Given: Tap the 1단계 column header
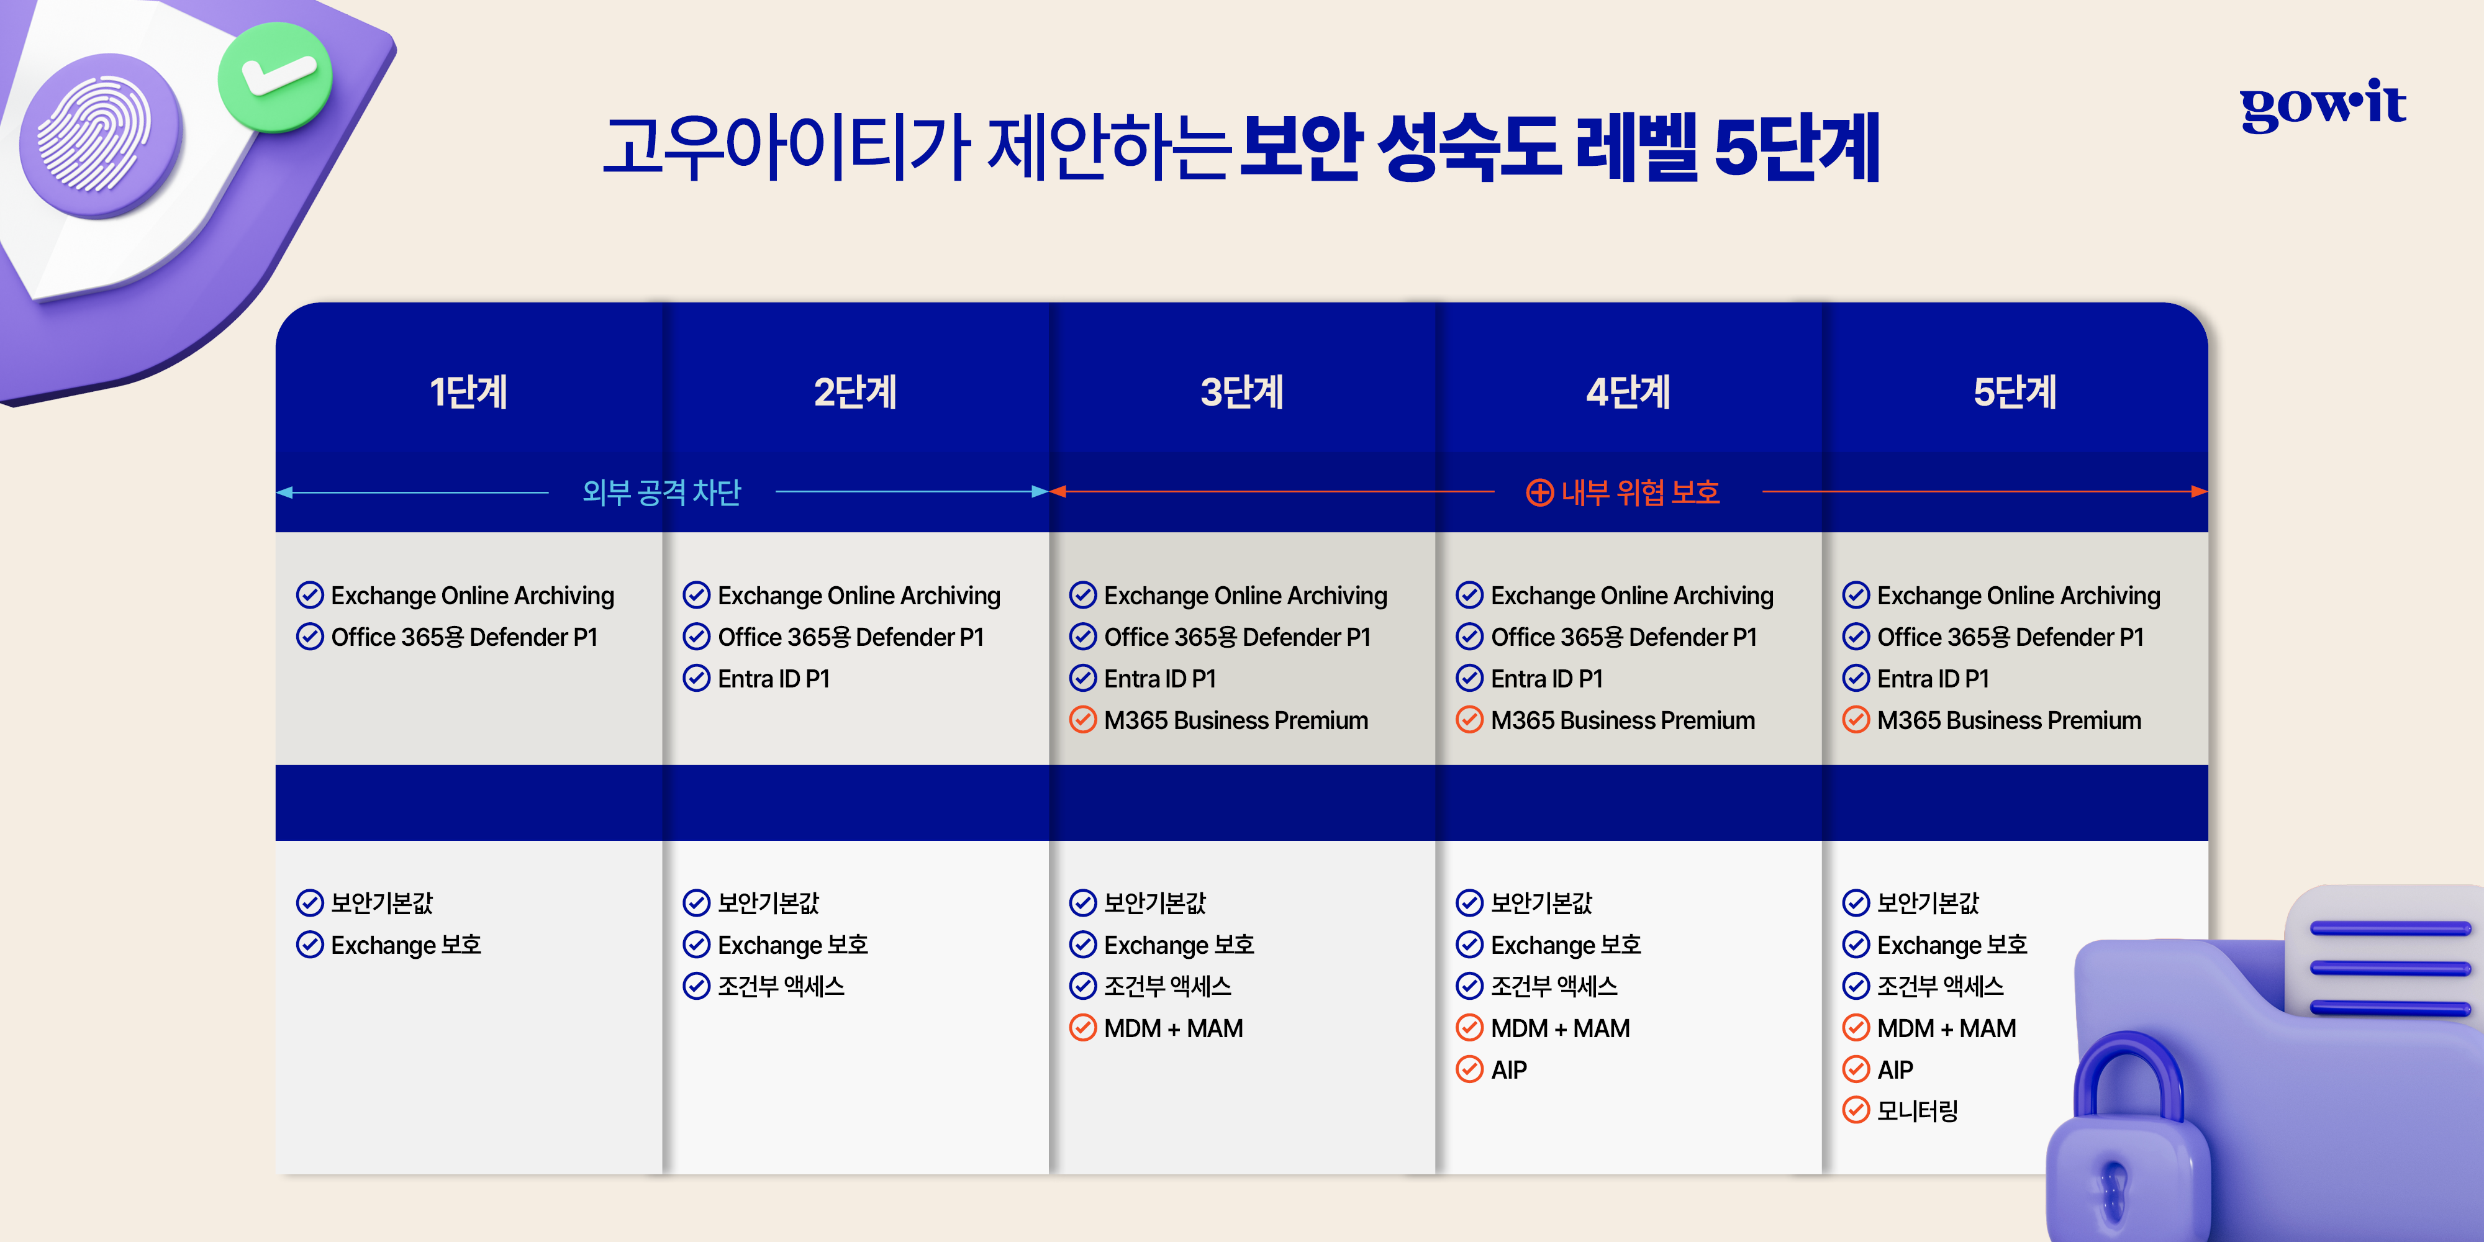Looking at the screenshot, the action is click(469, 391).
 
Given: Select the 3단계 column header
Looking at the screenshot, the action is click(1242, 391).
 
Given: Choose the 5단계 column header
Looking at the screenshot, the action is click(2015, 391).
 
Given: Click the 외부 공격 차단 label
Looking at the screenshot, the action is click(661, 492).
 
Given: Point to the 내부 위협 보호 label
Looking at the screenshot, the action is click(1640, 492).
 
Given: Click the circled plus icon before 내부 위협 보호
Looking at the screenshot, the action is click(1539, 492).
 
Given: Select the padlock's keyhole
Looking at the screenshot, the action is click(2114, 1191).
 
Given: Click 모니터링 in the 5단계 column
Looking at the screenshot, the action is click(1917, 1111).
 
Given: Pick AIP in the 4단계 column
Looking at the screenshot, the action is click(1508, 1069).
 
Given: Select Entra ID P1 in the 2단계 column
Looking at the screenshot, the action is click(773, 679).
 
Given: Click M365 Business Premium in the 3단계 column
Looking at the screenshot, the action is click(1235, 720).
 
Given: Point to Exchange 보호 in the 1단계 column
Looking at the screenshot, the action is click(406, 945).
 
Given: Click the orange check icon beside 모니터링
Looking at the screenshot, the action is click(1856, 1111).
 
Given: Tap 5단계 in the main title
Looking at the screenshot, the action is click(1797, 147).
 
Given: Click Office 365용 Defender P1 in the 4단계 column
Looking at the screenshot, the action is click(1624, 637).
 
